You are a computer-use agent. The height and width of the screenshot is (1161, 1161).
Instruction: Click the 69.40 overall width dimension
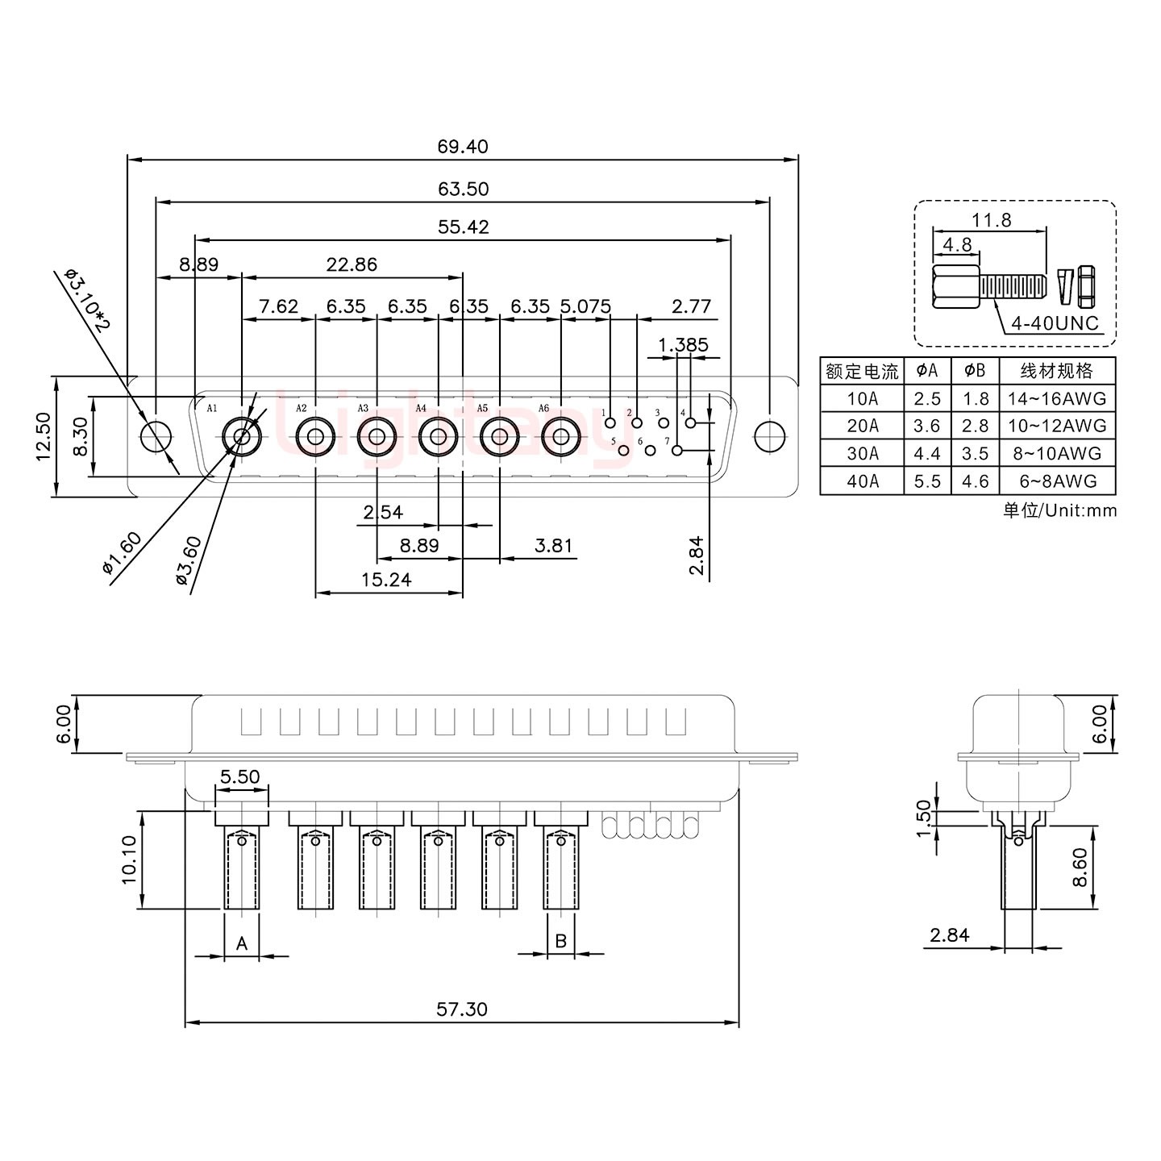point(463,147)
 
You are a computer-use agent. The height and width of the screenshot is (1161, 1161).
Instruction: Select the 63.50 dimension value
point(463,189)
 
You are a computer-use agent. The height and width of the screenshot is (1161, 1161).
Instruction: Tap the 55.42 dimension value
point(463,227)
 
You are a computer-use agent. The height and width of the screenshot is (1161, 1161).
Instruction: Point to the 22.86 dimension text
point(351,264)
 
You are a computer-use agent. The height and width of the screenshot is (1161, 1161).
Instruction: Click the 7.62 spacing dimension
point(277,307)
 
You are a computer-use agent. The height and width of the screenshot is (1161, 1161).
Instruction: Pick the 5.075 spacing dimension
point(585,307)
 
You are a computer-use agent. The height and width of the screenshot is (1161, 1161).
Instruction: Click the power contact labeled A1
point(241,437)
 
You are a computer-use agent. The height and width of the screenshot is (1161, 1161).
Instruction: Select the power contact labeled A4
point(438,437)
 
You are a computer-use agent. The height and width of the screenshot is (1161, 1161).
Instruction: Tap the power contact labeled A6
point(560,437)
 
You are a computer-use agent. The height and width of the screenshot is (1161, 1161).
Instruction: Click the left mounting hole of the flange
point(156,436)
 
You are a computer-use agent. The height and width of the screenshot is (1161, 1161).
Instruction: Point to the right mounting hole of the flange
point(769,436)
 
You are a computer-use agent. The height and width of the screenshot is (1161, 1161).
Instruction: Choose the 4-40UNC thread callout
point(1055,323)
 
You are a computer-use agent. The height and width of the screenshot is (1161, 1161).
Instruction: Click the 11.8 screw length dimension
point(991,220)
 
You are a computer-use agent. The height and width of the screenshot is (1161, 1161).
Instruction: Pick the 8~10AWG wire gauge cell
point(1056,454)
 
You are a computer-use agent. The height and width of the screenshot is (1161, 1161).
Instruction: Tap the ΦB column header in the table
point(975,371)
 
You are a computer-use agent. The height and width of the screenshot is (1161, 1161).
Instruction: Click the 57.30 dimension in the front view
point(462,1009)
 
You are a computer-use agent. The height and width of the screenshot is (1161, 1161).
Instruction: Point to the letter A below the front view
point(241,943)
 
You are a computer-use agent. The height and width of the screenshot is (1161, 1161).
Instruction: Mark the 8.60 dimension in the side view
point(1081,867)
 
